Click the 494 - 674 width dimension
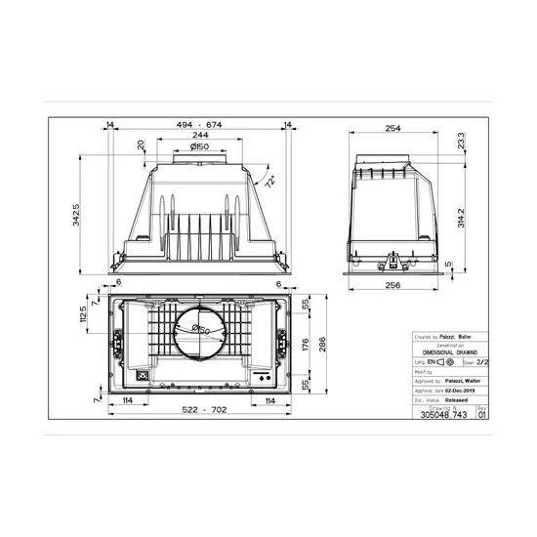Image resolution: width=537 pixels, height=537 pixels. [x=200, y=126]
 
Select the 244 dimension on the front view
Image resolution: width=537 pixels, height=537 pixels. [x=199, y=137]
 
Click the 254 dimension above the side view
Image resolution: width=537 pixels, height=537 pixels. [x=395, y=128]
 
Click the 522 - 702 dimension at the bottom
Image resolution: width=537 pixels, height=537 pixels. [x=198, y=409]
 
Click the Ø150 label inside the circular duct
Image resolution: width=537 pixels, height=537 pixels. [x=201, y=329]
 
